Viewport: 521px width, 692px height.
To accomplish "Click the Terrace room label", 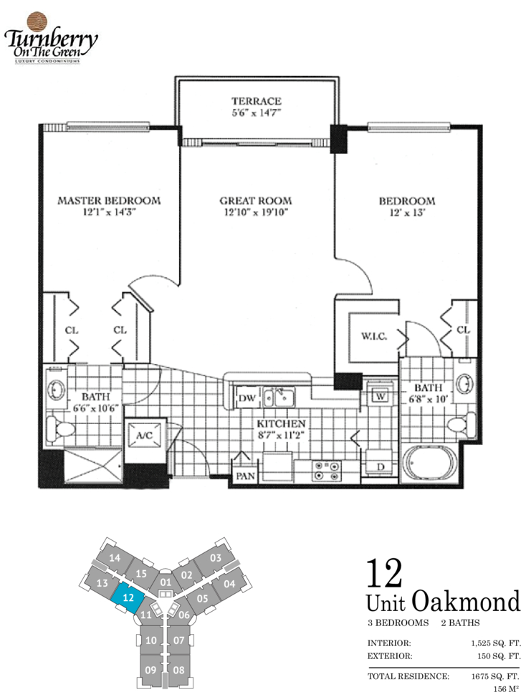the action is point(257,101).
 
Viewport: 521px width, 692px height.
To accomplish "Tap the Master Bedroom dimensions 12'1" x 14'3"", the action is point(109,212).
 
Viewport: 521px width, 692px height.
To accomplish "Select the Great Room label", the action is point(256,201).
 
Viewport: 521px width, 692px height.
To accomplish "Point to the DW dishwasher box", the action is point(247,398).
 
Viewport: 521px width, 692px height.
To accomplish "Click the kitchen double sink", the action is point(279,397).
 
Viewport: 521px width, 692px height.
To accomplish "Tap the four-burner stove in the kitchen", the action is point(326,471).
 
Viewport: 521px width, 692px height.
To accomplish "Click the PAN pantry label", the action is point(246,476).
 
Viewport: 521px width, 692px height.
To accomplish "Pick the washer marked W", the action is point(380,396).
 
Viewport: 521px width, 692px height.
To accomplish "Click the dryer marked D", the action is point(379,463).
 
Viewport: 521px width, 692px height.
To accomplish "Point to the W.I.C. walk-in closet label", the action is point(374,336).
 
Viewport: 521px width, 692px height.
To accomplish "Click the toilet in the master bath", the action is point(60,427).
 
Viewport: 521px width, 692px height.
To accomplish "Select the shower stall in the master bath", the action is point(93,466).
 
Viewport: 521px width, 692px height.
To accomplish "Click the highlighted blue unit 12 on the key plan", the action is point(128,598).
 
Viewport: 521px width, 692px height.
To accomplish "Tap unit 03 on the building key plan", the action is point(216,558).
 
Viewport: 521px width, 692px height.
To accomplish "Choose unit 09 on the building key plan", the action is point(150,670).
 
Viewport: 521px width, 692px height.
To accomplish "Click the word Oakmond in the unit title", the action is point(467,602).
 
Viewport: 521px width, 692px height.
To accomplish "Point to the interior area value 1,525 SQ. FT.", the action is point(496,643).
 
